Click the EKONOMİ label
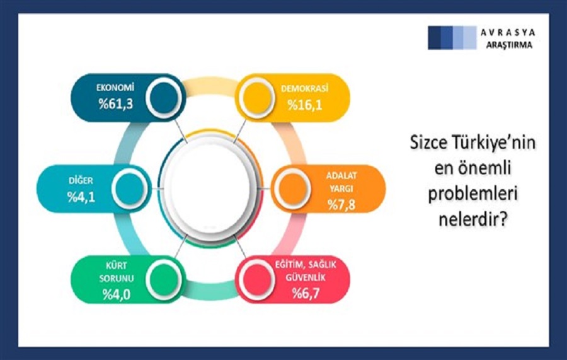pos(115,88)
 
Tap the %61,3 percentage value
pos(116,104)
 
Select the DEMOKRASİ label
pos(304,89)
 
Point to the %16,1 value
pos(305,105)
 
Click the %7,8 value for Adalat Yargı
pos(341,205)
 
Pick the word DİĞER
pos(81,180)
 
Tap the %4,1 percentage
pos(81,197)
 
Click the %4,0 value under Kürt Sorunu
pos(116,294)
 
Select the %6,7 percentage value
pos(306,293)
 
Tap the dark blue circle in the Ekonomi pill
pos(164,98)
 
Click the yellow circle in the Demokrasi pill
pos(257,98)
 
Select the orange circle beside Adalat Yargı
pos(292,189)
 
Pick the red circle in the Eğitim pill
pos(257,280)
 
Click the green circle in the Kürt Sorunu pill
pos(164,280)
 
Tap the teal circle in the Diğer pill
pos(129,189)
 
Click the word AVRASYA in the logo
pos(508,33)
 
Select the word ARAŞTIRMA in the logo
pos(509,45)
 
